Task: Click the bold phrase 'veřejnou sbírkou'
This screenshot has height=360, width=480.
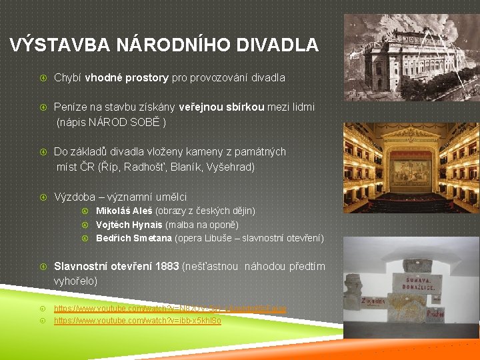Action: click(222, 107)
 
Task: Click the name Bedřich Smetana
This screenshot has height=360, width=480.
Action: click(134, 238)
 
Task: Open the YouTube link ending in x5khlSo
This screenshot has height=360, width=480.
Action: click(137, 321)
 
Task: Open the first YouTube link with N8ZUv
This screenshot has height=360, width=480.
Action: click(170, 309)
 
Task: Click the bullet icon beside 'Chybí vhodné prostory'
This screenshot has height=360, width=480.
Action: click(42, 77)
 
